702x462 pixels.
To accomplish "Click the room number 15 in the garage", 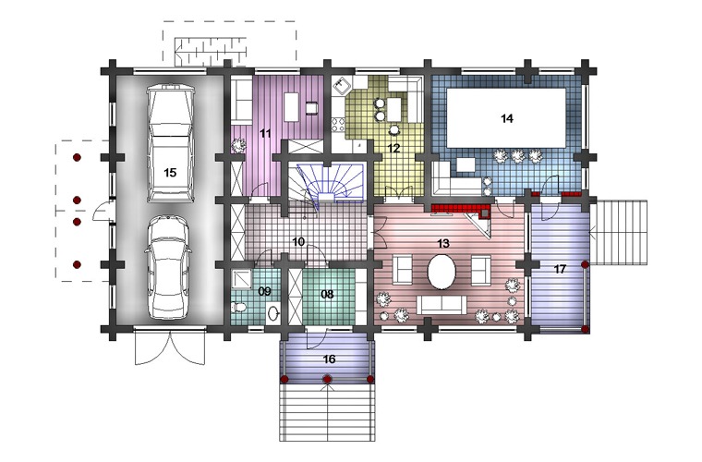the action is click(x=170, y=173).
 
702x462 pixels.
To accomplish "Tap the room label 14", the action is click(x=507, y=118).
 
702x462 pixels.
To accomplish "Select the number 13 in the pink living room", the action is click(x=443, y=244).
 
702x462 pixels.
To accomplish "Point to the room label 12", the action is click(x=394, y=148).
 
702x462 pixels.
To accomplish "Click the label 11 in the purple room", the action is click(x=265, y=133).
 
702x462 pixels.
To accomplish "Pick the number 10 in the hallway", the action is click(x=298, y=242).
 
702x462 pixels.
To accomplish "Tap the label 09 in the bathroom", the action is click(x=264, y=291).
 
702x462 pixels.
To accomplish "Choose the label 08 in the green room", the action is click(x=328, y=294).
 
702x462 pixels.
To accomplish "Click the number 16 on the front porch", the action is click(x=329, y=359).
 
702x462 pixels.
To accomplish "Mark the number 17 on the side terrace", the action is click(x=560, y=269).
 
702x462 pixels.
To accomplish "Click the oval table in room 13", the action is click(x=442, y=273).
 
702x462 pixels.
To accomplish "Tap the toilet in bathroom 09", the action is click(x=238, y=308).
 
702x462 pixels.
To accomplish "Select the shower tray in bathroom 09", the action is click(x=242, y=279).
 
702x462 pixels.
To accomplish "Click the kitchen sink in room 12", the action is click(x=342, y=85).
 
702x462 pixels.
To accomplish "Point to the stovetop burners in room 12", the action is click(x=338, y=125).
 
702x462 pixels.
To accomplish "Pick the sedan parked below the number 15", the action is click(x=168, y=267).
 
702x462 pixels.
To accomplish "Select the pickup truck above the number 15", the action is click(x=171, y=142).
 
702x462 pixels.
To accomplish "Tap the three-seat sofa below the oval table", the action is click(x=442, y=305).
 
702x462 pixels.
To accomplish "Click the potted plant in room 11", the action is click(x=238, y=145).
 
